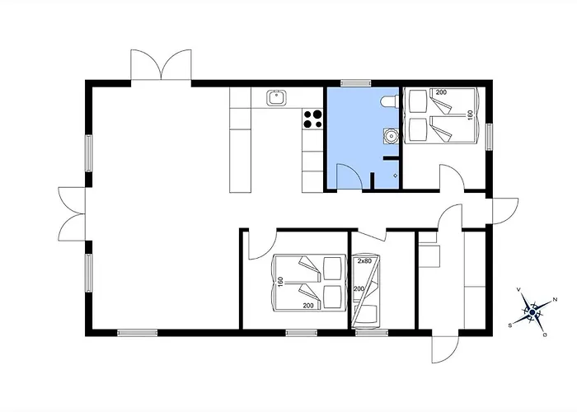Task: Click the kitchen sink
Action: coord(275,98)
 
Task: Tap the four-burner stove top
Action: coord(312,119)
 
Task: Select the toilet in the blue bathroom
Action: coord(388,101)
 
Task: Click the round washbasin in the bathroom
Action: coord(392,137)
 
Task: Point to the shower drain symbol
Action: coord(396,176)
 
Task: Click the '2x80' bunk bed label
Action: coord(364,261)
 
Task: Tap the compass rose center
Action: coord(532,312)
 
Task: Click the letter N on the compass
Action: coord(556,299)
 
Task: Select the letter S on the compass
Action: coord(510,325)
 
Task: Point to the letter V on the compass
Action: coord(518,289)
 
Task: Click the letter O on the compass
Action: coord(545,335)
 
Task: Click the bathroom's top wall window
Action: coord(355,83)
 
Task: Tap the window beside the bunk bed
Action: coord(372,333)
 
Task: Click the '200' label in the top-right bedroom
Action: coord(441,92)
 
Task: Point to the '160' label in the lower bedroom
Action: coord(280,283)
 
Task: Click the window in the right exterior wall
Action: coord(489,137)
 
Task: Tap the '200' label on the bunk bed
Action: coord(359,289)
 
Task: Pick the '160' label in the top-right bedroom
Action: coord(470,115)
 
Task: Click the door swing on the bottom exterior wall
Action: coord(445,349)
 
